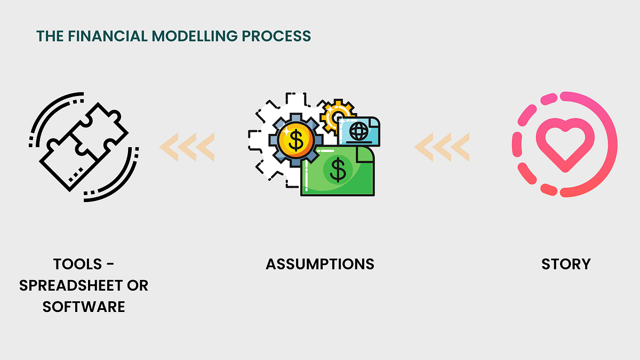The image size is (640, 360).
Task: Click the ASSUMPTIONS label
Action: tap(320, 264)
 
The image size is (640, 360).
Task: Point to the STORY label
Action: tap(566, 264)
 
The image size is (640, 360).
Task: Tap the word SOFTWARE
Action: tap(84, 307)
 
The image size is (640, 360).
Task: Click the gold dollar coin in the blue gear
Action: tap(295, 140)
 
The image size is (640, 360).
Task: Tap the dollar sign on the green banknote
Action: tap(337, 170)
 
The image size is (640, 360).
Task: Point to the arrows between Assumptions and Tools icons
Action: tap(187, 147)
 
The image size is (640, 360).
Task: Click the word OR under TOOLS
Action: tap(138, 285)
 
